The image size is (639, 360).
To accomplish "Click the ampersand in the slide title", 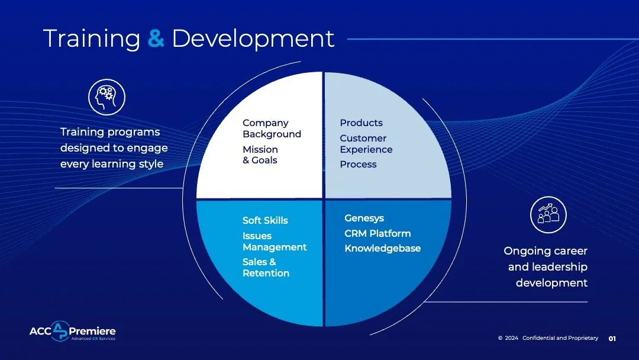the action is point(156,38).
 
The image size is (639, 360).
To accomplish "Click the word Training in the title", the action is point(92,38).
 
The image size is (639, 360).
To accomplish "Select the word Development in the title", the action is point(253,38).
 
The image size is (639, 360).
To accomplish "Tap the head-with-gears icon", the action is point(106,97).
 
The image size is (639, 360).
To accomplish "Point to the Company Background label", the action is point(272,128).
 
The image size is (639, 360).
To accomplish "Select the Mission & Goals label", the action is point(260,155).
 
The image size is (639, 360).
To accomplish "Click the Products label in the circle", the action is point(361,123).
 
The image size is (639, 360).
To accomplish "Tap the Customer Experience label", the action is point(366,144).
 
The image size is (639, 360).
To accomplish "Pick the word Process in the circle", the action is point(358,164).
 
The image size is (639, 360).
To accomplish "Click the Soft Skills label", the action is point(265,220).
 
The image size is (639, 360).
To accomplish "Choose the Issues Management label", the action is point(275,242).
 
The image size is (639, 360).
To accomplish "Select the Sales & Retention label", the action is point(266,268).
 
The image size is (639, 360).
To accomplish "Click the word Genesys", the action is point(364,218).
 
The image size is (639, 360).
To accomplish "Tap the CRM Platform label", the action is point(377,233).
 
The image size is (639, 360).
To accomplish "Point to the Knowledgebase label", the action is point(382,248).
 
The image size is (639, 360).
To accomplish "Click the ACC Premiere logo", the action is point(72,332).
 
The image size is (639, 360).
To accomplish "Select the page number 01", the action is point(612,339).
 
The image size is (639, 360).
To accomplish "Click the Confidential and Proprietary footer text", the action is point(560,338).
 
